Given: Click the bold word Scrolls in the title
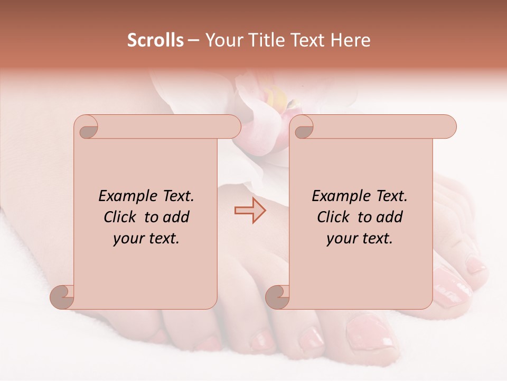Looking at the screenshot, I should (155, 40).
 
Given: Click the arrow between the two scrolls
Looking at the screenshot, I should (250, 211).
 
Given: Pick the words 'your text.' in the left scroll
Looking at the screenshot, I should (146, 238).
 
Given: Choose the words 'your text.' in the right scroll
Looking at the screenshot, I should (360, 238).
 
